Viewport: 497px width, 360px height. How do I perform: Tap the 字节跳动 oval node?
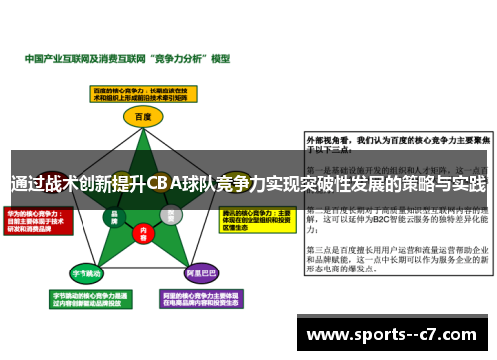pos(86,270)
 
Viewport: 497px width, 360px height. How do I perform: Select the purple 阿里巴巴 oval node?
pos(203,270)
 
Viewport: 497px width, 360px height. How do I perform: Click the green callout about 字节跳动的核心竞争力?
pos(85,299)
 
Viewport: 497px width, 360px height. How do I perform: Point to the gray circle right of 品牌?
pos(171,213)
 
